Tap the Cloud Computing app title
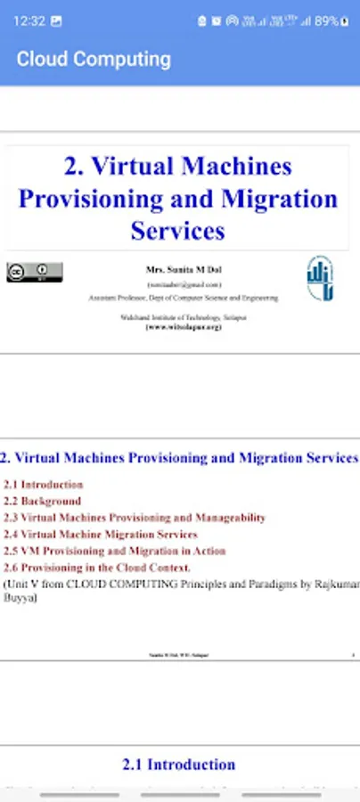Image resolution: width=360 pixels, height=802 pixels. (x=94, y=60)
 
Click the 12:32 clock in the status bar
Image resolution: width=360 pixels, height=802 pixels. (x=29, y=20)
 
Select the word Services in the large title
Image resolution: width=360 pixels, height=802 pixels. (x=177, y=231)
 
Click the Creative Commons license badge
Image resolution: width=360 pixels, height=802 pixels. (x=35, y=272)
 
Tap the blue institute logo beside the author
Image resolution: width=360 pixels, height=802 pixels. (x=320, y=278)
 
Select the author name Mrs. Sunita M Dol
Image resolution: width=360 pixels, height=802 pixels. (x=184, y=269)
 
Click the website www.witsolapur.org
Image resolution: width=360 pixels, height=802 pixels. (x=184, y=327)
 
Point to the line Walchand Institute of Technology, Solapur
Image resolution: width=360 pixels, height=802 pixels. (x=184, y=317)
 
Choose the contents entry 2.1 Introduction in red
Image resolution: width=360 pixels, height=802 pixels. (x=44, y=484)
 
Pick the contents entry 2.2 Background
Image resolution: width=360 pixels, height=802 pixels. (x=42, y=501)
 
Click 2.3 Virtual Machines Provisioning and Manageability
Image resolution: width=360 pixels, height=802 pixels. (x=135, y=517)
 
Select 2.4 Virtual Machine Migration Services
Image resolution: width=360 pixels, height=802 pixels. (x=101, y=534)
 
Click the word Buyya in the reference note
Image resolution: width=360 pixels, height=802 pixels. (x=20, y=600)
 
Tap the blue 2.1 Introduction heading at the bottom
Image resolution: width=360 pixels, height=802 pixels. (x=178, y=764)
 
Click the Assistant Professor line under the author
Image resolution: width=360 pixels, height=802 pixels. (x=184, y=298)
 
